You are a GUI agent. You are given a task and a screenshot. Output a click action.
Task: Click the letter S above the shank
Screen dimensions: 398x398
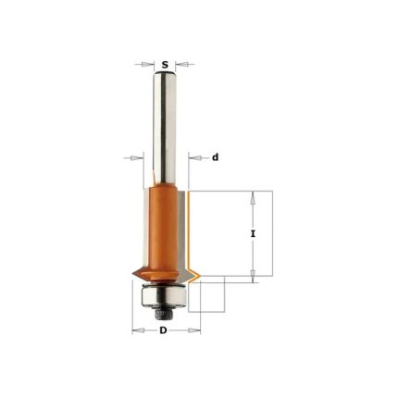coord(166,65)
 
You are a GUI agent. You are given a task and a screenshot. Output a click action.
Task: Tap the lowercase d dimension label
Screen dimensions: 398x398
coord(215,157)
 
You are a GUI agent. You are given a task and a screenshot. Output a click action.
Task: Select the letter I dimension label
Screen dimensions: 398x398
coord(253,234)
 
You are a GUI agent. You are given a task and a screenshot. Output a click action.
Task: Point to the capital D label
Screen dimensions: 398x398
coord(163,330)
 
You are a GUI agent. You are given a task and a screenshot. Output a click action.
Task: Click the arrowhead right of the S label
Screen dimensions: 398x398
coord(181,65)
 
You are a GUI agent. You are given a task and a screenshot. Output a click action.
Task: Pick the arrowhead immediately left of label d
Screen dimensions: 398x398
coord(194,158)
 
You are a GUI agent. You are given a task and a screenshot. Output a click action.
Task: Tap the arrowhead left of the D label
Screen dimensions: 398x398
coord(138,330)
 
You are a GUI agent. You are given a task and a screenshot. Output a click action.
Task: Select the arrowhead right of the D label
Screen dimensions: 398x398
coord(194,330)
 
